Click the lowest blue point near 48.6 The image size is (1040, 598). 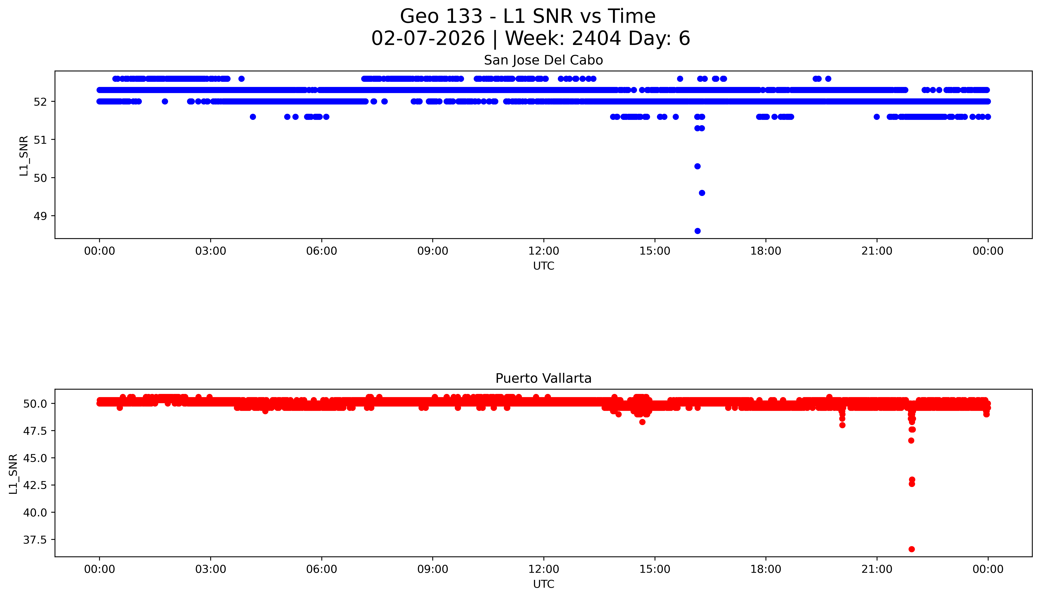pos(697,231)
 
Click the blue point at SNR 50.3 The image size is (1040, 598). pos(697,166)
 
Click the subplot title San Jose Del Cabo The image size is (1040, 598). pos(543,60)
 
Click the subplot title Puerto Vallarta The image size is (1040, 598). pos(543,378)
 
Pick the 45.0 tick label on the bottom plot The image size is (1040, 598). pos(35,458)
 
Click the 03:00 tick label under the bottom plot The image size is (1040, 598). pos(211,569)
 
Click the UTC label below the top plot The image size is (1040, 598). pos(543,266)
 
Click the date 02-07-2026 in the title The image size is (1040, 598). pos(428,39)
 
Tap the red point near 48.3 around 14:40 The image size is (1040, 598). pos(642,422)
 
